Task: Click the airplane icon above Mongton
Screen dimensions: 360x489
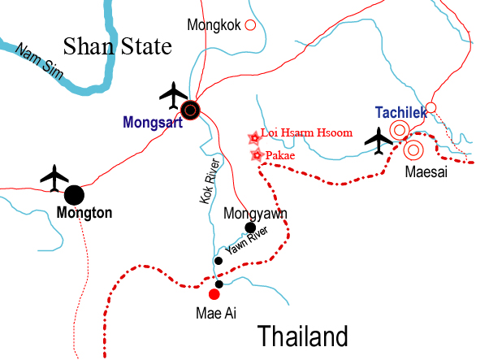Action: [x=55, y=177]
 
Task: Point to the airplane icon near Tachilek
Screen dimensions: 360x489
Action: [x=379, y=140]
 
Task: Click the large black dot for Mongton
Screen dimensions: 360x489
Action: [x=74, y=195]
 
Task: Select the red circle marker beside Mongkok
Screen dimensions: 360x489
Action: [x=250, y=25]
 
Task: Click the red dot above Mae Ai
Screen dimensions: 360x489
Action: [x=214, y=294]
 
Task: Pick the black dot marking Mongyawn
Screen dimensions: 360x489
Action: [x=251, y=228]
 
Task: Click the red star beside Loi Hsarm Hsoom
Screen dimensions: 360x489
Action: [x=253, y=138]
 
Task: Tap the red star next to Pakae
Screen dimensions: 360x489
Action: [x=257, y=154]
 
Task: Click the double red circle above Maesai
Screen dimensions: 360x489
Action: [x=413, y=150]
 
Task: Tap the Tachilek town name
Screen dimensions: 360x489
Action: [x=400, y=113]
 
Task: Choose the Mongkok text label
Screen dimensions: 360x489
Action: [x=214, y=25]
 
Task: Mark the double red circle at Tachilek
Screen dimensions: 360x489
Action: [x=400, y=130]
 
